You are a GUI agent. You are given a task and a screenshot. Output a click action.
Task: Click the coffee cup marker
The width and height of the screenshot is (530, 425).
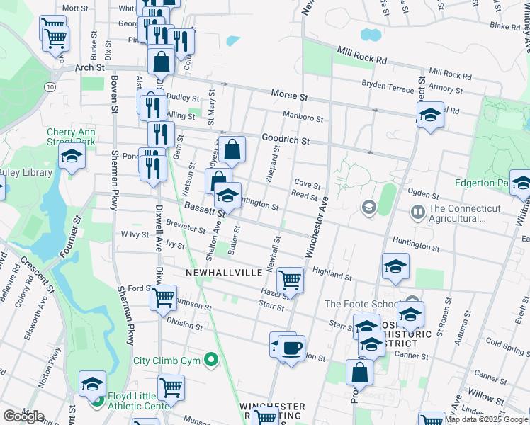(291, 348)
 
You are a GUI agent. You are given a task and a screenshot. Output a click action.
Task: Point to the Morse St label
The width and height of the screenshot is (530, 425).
(289, 95)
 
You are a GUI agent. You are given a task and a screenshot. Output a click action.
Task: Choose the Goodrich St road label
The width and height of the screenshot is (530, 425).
(286, 140)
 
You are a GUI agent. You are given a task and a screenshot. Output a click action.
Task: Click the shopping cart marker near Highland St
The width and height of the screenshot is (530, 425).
(291, 280)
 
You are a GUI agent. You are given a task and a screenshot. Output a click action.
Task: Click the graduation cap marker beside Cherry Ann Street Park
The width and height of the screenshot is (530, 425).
(72, 157)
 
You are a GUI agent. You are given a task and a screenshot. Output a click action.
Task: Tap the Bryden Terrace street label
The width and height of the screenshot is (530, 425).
(387, 86)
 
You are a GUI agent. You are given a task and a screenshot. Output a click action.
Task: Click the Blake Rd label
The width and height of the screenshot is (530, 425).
(504, 26)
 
